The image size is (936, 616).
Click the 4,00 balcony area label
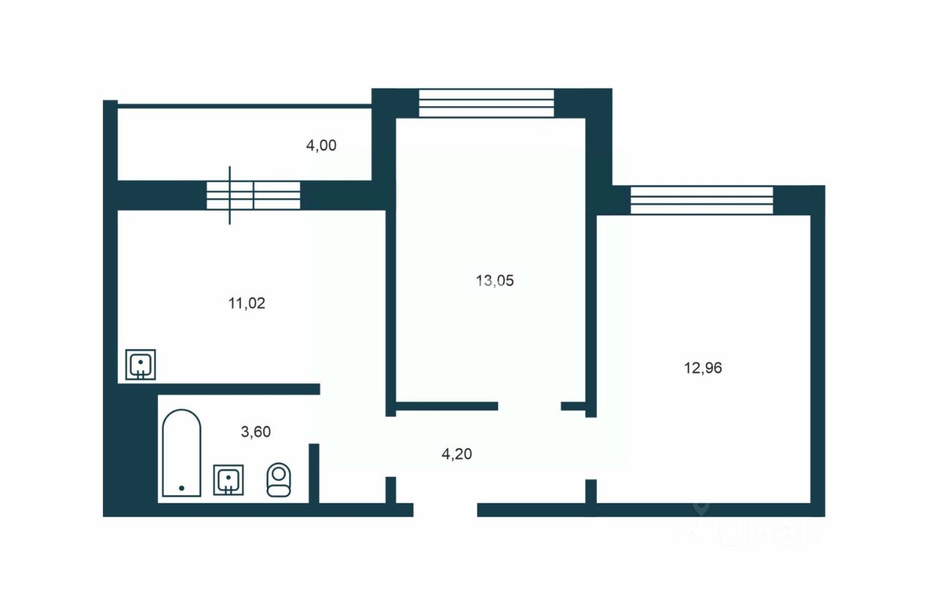[x=321, y=146]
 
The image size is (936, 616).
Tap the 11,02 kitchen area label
[x=246, y=303]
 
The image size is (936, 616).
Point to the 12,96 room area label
[x=703, y=368]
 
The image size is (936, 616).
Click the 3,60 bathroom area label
[x=256, y=432]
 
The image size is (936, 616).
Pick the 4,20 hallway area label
[x=456, y=454]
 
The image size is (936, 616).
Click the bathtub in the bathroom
[x=181, y=453]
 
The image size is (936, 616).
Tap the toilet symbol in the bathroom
[x=278, y=480]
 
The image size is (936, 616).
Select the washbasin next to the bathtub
[x=228, y=480]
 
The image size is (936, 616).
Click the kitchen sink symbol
[x=140, y=365]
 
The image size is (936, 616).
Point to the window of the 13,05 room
[x=486, y=103]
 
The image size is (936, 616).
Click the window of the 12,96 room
[x=701, y=200]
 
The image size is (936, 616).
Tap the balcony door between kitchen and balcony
[x=253, y=195]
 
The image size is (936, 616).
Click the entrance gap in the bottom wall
[x=445, y=510]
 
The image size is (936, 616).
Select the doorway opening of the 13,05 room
[x=529, y=406]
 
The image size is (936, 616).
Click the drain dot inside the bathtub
[x=181, y=487]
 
